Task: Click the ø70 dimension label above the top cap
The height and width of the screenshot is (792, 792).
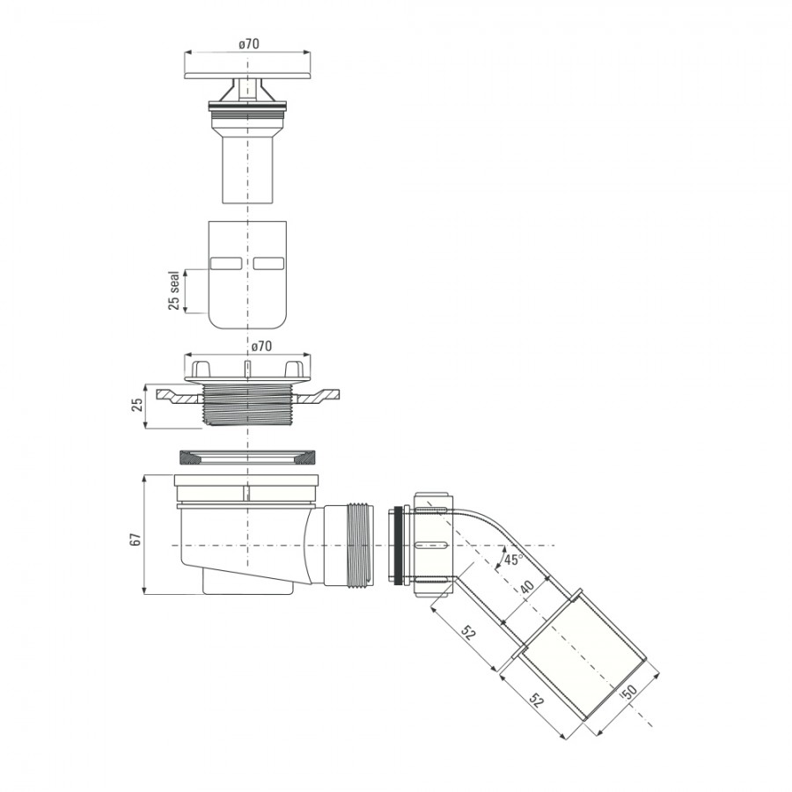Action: coord(249,44)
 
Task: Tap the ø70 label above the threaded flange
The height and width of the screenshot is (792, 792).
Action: coord(261,346)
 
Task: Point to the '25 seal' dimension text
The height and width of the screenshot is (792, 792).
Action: coord(173,290)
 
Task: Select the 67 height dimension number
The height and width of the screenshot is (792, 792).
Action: coord(136,539)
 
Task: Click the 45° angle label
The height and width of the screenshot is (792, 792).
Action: coord(513,559)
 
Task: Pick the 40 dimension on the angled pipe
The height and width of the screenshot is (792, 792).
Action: coord(527,588)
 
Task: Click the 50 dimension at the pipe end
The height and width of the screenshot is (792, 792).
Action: coord(631,691)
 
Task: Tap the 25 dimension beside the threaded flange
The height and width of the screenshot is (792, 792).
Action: coord(137,405)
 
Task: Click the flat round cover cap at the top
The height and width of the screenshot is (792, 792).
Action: coord(247,76)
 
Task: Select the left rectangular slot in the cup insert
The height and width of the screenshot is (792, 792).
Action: coord(226,263)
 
